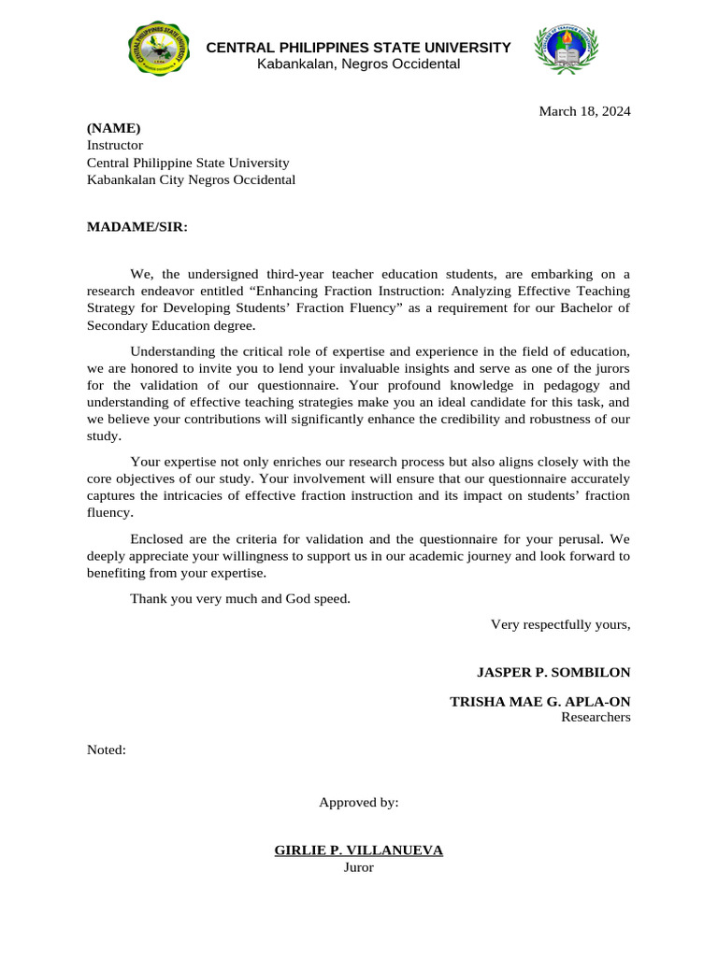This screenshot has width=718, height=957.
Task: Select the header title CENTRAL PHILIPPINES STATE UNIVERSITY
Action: [358, 48]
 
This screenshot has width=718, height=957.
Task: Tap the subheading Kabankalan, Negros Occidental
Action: [358, 64]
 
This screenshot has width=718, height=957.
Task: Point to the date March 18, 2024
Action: [584, 111]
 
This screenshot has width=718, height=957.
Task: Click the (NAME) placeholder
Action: [113, 128]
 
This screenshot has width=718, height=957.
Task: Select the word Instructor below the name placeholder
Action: [115, 145]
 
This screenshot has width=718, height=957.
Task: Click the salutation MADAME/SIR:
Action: [137, 226]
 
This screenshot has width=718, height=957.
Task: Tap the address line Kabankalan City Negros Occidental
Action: [191, 179]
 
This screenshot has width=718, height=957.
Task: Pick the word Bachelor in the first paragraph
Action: [590, 308]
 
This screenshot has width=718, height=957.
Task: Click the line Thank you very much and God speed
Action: [240, 598]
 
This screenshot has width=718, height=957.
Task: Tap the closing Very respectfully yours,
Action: [561, 624]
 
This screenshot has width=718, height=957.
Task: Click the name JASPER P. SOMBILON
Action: [553, 672]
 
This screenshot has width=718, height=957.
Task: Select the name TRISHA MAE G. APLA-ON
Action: [539, 701]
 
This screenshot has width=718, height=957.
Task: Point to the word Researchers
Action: [596, 718]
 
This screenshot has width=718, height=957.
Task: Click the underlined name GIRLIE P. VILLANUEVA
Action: [358, 850]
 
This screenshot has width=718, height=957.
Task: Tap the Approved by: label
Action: [359, 802]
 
